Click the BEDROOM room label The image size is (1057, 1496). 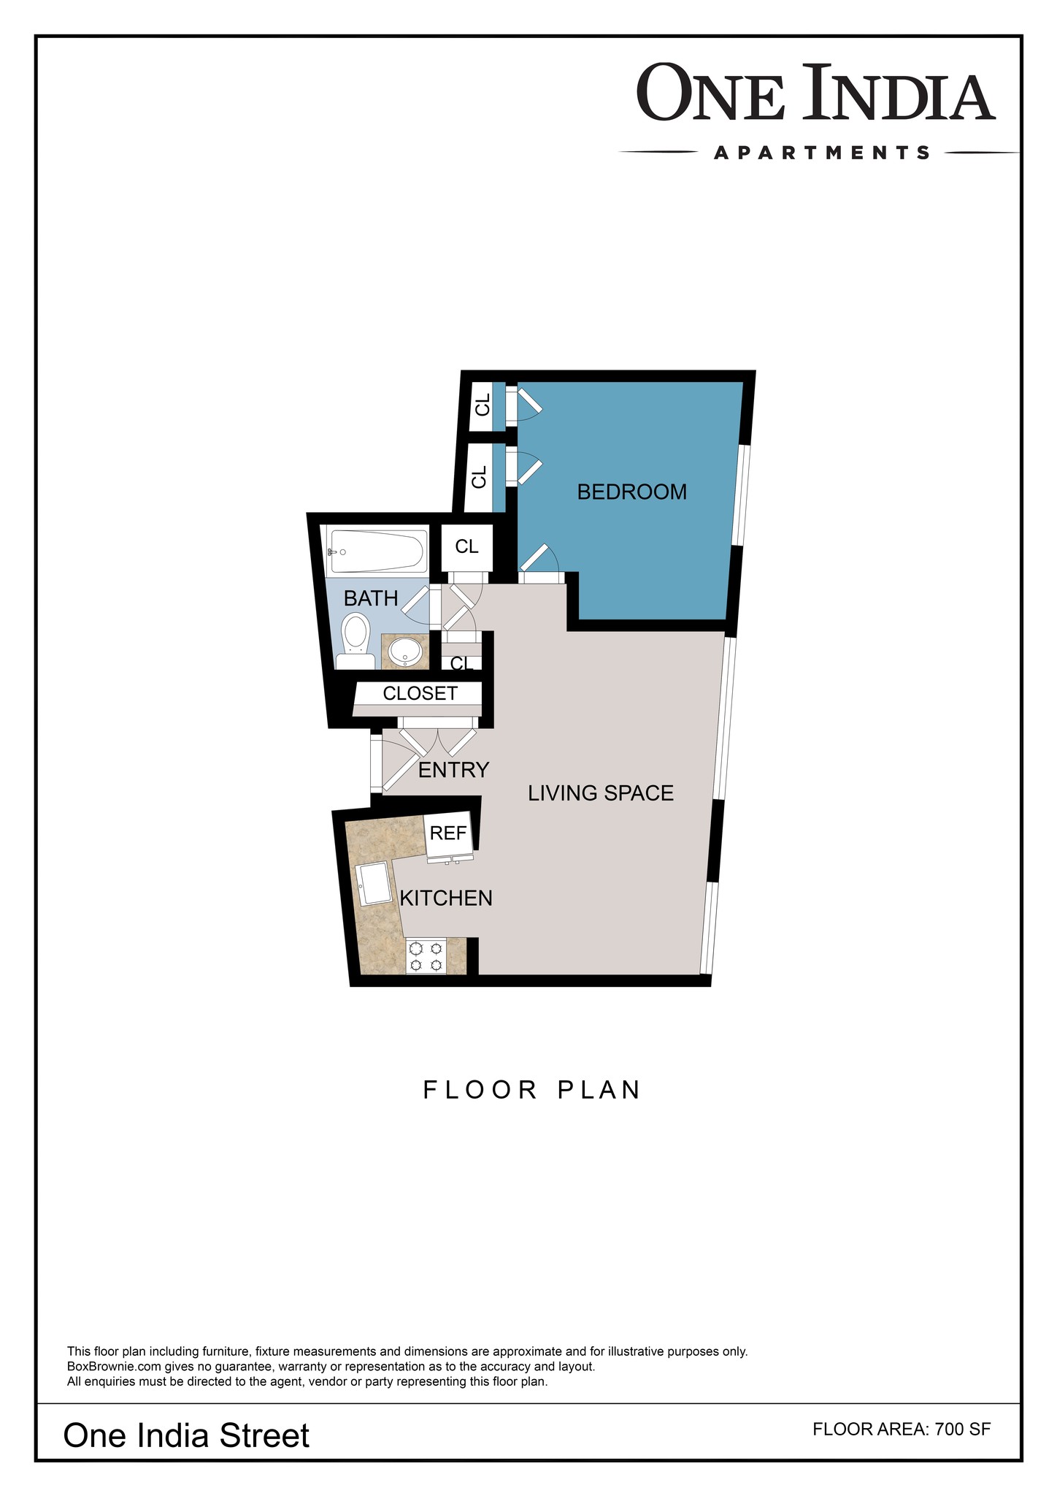coord(632,492)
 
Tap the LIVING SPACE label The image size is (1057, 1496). coord(601,793)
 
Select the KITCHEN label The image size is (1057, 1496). coord(447,898)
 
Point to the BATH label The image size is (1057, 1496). coord(371,599)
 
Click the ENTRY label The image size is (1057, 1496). coord(453,770)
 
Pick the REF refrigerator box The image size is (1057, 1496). coord(448,833)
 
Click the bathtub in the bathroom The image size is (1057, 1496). coord(377,552)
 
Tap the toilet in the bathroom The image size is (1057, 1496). coord(355,641)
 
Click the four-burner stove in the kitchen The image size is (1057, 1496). coord(426,956)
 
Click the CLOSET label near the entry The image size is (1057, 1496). coord(420,693)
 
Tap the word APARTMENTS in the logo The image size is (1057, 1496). coord(822,153)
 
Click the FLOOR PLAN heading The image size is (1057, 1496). coord(532,1090)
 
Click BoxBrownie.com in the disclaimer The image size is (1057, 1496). coord(115,1367)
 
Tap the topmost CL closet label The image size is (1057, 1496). coord(483,405)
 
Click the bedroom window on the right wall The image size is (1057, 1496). coord(740,495)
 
